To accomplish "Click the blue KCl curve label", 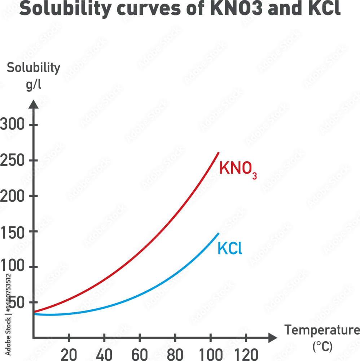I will [x=229, y=249].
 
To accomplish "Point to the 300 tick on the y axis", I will [x=13, y=125].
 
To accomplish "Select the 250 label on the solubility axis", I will [x=13, y=161].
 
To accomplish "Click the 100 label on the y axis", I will [x=13, y=267].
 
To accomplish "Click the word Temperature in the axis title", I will [x=322, y=330].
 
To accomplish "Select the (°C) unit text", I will [x=322, y=346].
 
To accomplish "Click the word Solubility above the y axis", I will [x=34, y=68].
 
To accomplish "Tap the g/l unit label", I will [x=33, y=85].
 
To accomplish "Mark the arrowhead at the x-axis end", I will [x=273, y=338].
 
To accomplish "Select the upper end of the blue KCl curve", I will [x=219, y=234].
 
